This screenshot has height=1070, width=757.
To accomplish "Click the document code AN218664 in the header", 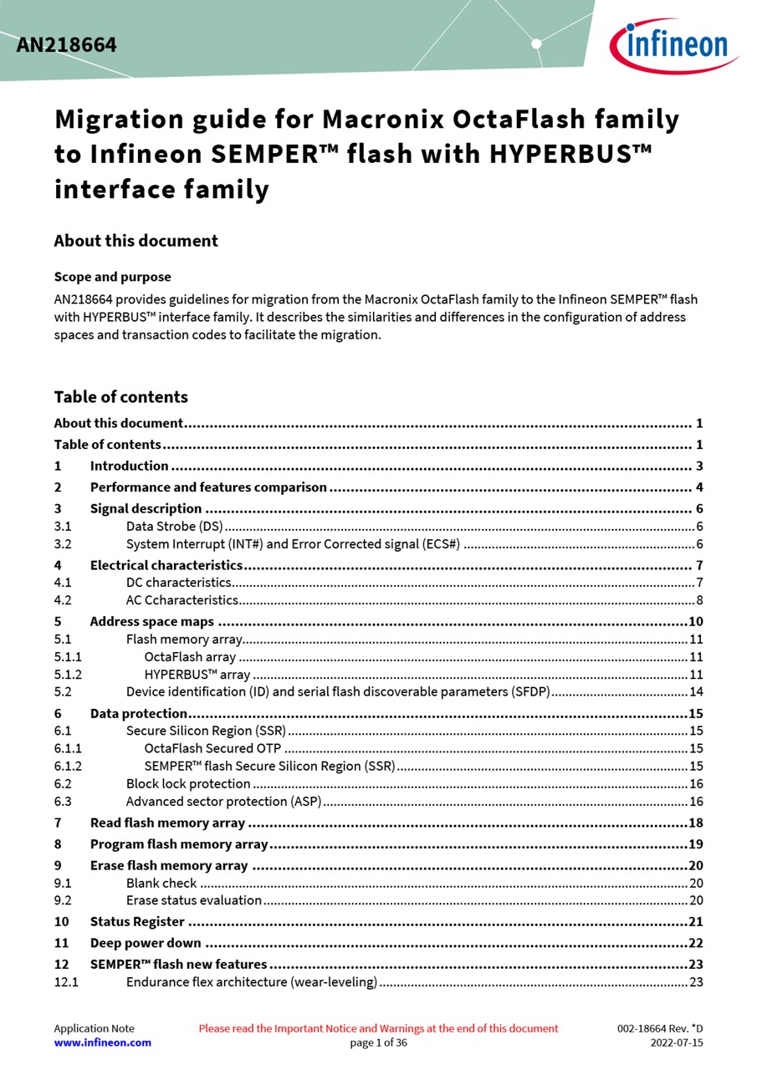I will pyautogui.click(x=66, y=45).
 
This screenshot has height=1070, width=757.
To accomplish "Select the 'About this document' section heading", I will pyautogui.click(x=136, y=241).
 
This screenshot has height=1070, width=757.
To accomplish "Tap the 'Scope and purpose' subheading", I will pyautogui.click(x=112, y=277).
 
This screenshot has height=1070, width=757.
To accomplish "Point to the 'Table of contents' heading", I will pyautogui.click(x=120, y=397).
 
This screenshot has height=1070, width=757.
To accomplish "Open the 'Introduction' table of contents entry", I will pyautogui.click(x=129, y=466).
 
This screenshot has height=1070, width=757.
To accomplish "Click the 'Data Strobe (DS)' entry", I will pyautogui.click(x=174, y=526).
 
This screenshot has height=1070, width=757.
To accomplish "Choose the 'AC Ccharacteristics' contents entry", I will pyautogui.click(x=182, y=599).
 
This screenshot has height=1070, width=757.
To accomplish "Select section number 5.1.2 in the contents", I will pyautogui.click(x=68, y=675).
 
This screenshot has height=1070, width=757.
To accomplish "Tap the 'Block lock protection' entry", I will pyautogui.click(x=188, y=783).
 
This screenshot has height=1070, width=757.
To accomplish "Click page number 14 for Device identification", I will pyautogui.click(x=696, y=691).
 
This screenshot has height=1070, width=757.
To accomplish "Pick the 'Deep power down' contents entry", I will pyautogui.click(x=146, y=943).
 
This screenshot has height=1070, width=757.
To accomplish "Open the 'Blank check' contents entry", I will pyautogui.click(x=161, y=883).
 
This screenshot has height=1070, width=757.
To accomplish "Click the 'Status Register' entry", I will pyautogui.click(x=137, y=921).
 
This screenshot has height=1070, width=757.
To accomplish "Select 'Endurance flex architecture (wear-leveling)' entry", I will pyautogui.click(x=251, y=981).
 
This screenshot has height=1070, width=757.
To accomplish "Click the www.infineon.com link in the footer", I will pyautogui.click(x=102, y=1042).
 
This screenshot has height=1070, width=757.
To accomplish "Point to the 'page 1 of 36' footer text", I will pyautogui.click(x=378, y=1042).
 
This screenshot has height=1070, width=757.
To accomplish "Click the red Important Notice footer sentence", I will pyautogui.click(x=378, y=1028).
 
